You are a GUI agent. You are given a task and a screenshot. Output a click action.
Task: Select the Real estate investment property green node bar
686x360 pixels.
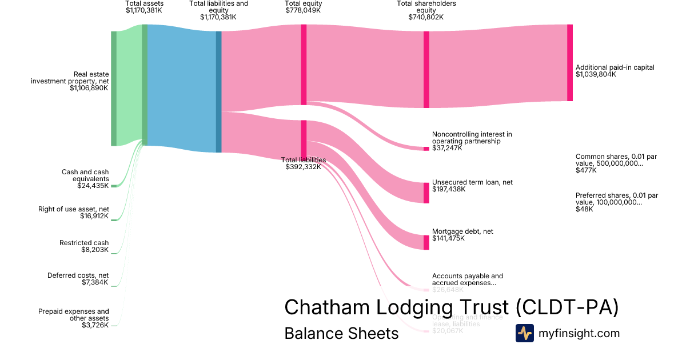pyautogui.click(x=114, y=89)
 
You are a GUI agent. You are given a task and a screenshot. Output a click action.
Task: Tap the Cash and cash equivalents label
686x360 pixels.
pyautogui.click(x=85, y=175)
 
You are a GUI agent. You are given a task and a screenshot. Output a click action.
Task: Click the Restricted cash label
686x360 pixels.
pyautogui.click(x=84, y=243)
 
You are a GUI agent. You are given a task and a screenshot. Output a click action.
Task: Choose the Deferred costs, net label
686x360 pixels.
pyautogui.click(x=78, y=275)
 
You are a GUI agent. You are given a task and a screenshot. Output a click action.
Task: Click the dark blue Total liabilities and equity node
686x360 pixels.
pyautogui.click(x=218, y=91)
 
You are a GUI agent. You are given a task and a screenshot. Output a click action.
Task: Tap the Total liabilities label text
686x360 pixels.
pyautogui.click(x=304, y=160)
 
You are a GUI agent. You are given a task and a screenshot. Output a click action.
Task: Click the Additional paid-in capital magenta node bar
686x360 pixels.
pyautogui.click(x=569, y=63)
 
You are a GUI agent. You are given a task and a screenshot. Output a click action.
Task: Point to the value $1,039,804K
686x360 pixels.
pyautogui.click(x=596, y=74)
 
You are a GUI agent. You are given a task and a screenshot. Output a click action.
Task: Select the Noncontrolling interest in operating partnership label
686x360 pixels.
pyautogui.click(x=472, y=138)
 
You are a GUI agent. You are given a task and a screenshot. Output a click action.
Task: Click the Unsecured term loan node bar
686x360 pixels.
pyautogui.click(x=426, y=193)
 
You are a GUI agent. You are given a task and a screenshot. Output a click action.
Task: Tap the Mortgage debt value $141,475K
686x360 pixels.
pyautogui.click(x=448, y=238)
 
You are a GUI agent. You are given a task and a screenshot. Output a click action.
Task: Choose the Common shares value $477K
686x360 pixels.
pyautogui.click(x=585, y=170)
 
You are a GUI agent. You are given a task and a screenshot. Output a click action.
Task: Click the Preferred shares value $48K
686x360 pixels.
pyautogui.click(x=584, y=209)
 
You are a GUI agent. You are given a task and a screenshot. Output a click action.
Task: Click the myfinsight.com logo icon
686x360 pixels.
pyautogui.click(x=524, y=333)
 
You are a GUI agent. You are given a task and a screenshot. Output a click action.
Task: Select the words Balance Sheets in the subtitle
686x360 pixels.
pyautogui.click(x=341, y=333)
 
